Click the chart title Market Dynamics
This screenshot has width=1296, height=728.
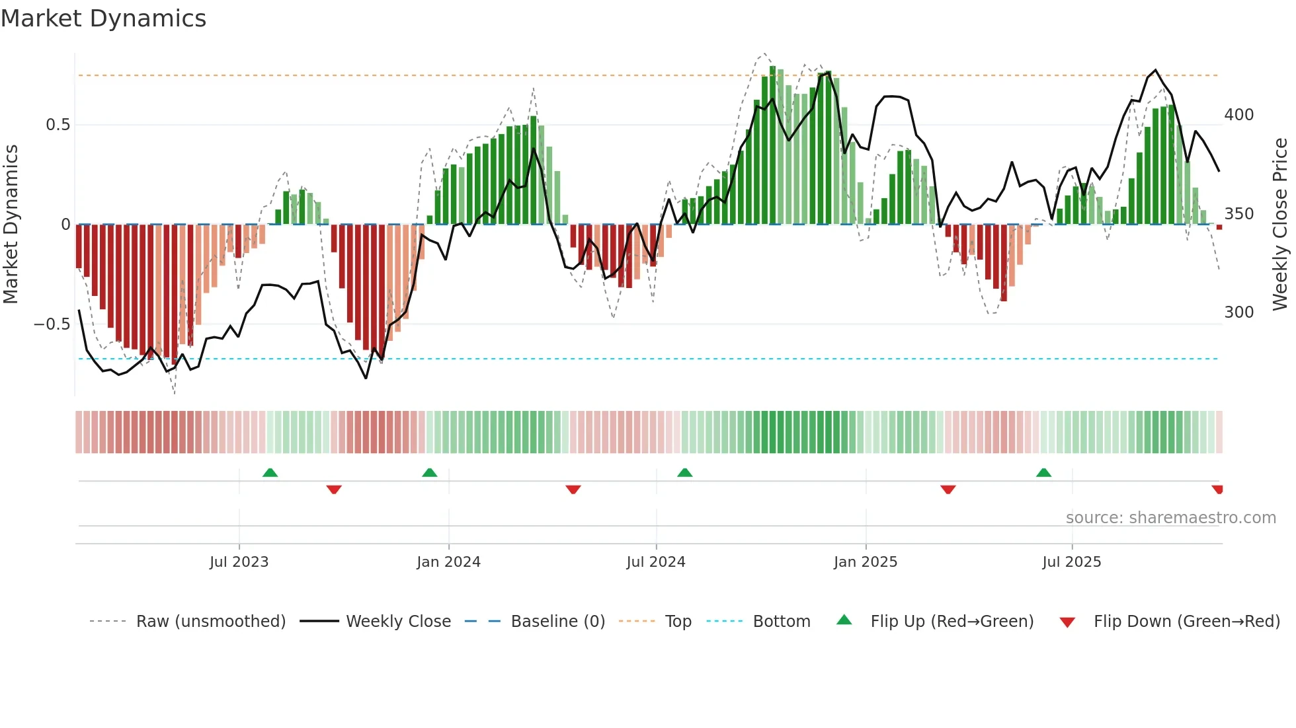[x=103, y=18]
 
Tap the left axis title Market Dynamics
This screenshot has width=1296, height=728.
[x=11, y=224]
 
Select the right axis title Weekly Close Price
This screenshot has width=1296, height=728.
[x=1280, y=224]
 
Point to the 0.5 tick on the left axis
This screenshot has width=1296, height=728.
[x=58, y=125]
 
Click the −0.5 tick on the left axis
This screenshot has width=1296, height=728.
[x=52, y=324]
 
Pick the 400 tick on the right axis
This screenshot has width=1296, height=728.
[x=1238, y=115]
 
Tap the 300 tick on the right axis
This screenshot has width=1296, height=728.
[x=1238, y=312]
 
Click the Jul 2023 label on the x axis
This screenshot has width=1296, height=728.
[x=239, y=562]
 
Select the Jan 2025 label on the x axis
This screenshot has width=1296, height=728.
[x=865, y=562]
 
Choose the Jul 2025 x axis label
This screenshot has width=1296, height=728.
[x=1071, y=562]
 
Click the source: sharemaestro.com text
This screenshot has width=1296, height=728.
[x=1170, y=518]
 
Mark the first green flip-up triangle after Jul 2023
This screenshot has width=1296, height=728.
[x=270, y=473]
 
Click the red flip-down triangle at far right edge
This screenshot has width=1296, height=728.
[x=1217, y=490]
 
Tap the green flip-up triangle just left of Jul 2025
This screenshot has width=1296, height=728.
[x=1043, y=473]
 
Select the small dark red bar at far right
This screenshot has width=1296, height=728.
[x=1219, y=227]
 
